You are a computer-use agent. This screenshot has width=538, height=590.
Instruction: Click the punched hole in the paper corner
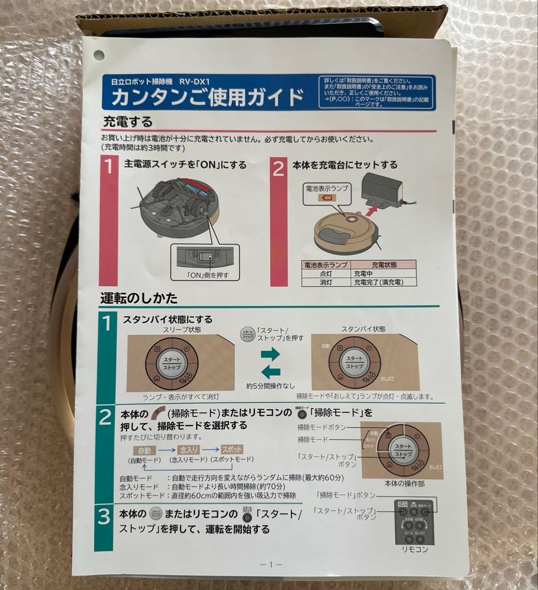(99, 55)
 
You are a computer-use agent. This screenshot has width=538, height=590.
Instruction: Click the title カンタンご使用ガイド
(207, 97)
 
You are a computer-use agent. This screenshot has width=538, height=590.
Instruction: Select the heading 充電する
(128, 121)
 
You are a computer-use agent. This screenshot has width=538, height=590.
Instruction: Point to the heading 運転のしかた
(139, 298)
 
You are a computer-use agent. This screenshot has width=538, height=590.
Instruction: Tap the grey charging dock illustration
(384, 191)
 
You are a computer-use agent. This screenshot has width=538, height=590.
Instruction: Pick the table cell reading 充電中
(364, 273)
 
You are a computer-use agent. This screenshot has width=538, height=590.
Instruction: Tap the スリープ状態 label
(181, 330)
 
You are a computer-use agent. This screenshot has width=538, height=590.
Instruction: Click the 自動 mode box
(144, 450)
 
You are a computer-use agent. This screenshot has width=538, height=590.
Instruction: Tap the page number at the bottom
(271, 564)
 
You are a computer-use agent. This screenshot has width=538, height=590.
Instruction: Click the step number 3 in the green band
(104, 517)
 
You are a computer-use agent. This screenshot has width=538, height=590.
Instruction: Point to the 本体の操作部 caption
(404, 483)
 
